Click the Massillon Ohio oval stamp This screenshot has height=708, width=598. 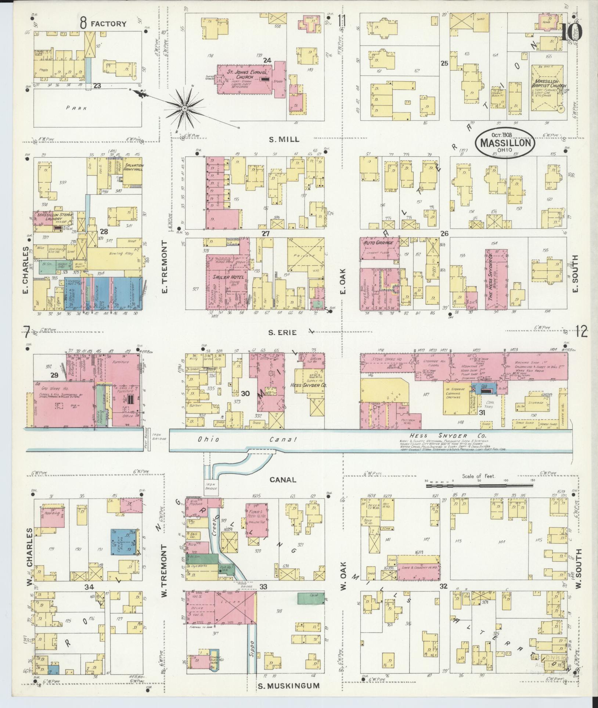tap(505, 141)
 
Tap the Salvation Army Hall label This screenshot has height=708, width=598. tap(133, 168)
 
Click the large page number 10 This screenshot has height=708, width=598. tap(572, 32)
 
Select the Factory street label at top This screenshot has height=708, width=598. tap(109, 24)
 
